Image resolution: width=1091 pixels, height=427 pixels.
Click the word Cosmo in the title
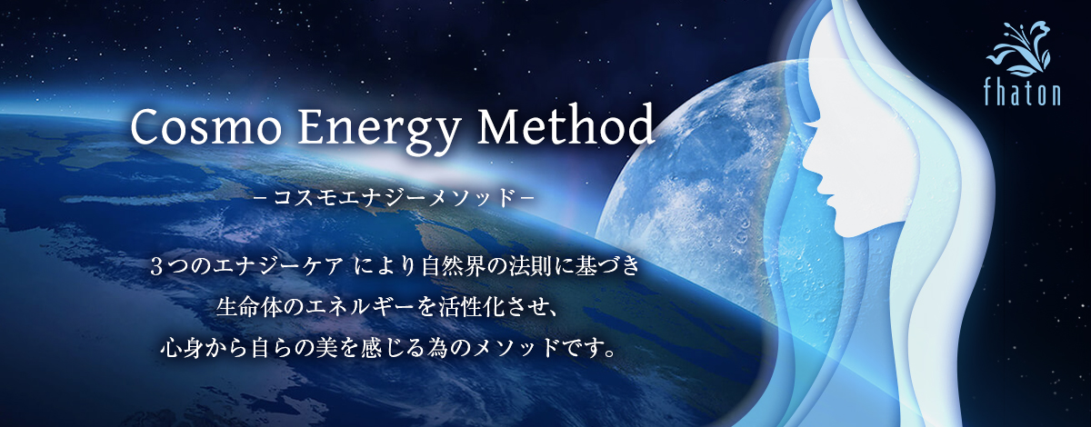point(205,127)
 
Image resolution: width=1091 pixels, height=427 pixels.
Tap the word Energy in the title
point(378,131)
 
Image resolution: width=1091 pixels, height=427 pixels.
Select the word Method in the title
point(566,124)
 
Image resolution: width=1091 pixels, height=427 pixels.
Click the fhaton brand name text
point(1022,93)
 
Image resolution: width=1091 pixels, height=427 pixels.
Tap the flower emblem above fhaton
point(1019,49)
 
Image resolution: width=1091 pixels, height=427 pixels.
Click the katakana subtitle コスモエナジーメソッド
point(395,198)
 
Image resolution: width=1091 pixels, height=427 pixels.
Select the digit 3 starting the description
point(155,267)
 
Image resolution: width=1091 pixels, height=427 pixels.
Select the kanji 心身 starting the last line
point(183,349)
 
